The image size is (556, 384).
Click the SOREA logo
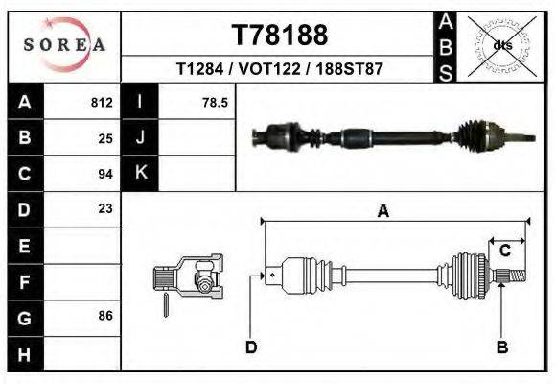point(64,45)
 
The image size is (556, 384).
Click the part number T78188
point(280,36)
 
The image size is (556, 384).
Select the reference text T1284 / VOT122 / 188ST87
point(280,70)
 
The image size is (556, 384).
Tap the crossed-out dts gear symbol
point(501,45)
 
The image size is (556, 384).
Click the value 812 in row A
point(102,102)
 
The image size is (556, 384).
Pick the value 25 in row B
point(105,137)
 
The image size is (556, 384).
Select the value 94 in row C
point(105,174)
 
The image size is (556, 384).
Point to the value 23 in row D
point(105,208)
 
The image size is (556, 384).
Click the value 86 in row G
point(105,315)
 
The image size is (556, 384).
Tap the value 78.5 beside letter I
point(215,102)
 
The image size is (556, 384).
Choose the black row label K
point(140,173)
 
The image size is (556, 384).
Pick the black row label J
point(140,137)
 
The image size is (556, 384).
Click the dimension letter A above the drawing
point(383,212)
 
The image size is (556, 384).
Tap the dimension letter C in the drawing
point(504,251)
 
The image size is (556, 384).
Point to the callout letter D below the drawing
point(251,347)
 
